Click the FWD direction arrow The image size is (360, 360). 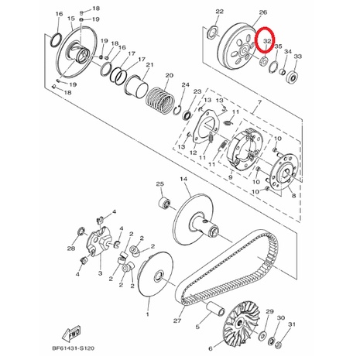point(71,334)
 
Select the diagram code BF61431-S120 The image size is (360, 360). point(74,348)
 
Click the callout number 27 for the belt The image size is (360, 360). point(177,321)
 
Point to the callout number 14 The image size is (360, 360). point(183,179)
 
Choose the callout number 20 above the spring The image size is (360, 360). point(169,76)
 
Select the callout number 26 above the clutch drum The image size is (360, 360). point(263,12)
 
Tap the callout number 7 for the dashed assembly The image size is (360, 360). point(259,102)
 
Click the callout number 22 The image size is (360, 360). point(219,12)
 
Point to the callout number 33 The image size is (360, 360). point(298,57)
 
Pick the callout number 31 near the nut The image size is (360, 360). point(291,324)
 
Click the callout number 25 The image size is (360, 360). point(160,184)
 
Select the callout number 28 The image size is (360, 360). point(71,249)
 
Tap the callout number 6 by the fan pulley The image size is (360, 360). point(211,349)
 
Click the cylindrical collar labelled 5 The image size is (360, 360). point(216,309)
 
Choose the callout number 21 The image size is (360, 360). point(150,64)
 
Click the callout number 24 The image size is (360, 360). point(185,85)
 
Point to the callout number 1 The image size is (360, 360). point(148,314)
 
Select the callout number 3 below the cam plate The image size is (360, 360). point(100,273)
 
